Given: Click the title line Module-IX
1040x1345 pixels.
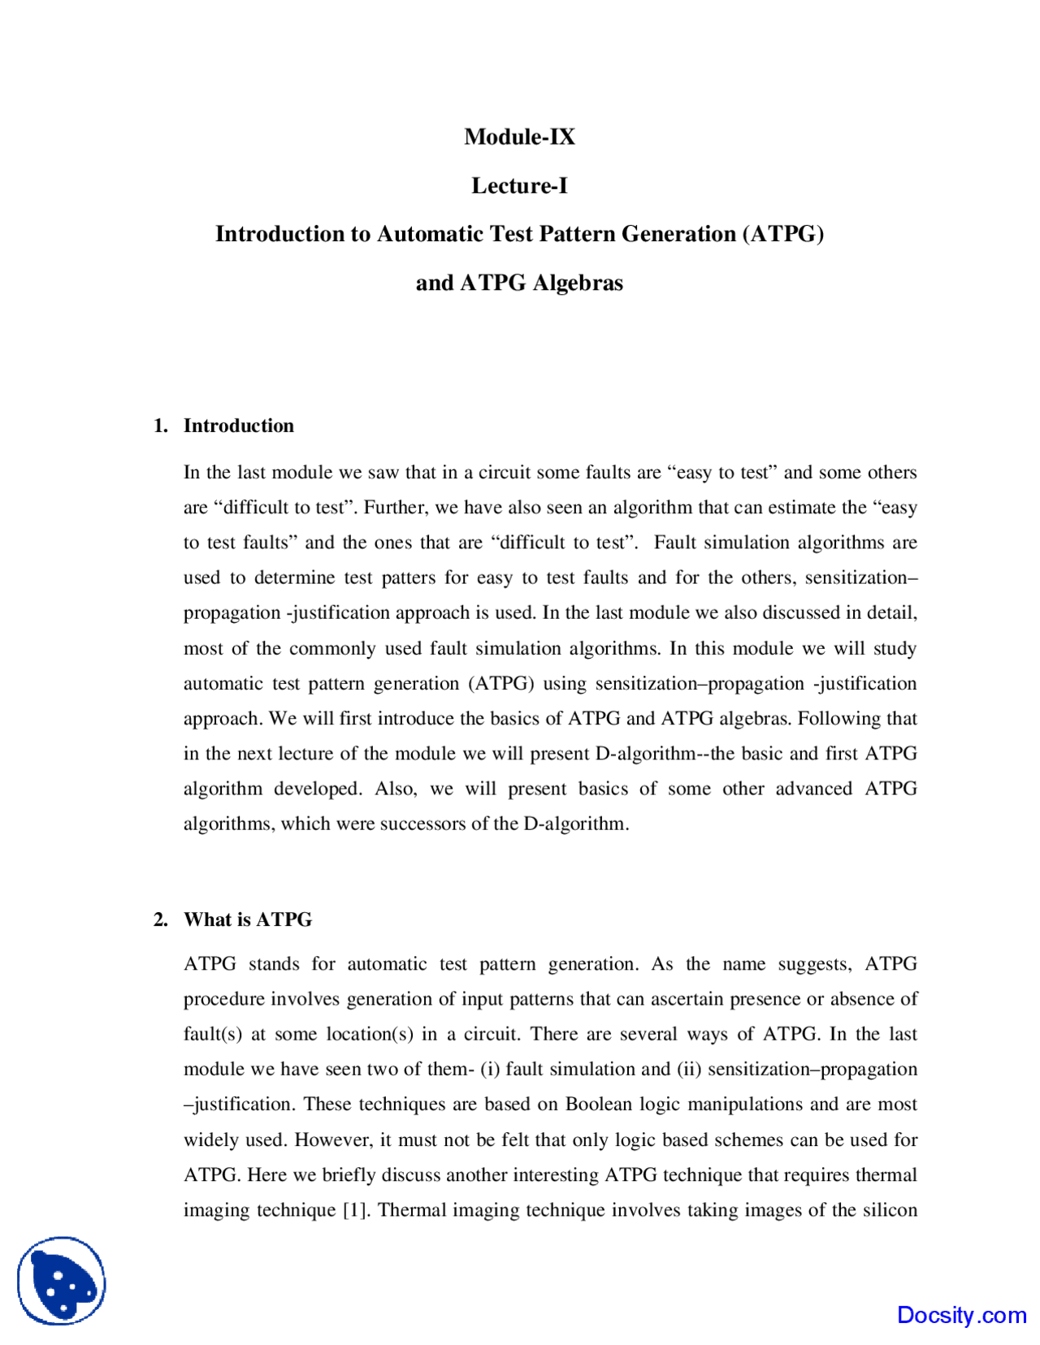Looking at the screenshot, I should pos(519,136).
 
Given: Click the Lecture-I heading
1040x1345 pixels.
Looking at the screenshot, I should pos(519,186).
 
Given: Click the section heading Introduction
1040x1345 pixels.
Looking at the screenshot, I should pos(238,426).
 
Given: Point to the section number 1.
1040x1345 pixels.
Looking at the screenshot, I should pos(160,426).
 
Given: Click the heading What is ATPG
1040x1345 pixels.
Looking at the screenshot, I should pos(248,919).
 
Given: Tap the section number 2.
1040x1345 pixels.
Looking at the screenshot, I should pos(160,919).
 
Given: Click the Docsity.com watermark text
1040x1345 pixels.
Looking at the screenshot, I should pos(961,1315).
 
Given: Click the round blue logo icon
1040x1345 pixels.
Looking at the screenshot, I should pos(62,1281).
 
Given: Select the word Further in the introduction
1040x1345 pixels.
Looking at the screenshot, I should pos(393,508).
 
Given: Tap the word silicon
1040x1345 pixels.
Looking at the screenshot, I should pos(890,1210).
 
